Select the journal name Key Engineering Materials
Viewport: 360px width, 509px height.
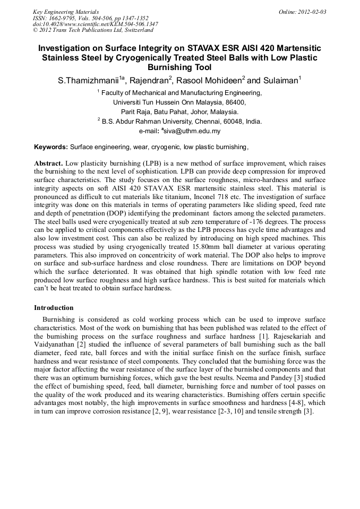pyautogui.click(x=66, y=12)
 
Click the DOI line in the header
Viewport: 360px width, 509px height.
pyautogui.click(x=95, y=24)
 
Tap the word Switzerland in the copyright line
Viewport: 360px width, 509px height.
pyautogui.click(x=135, y=30)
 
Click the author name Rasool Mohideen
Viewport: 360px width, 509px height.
pyautogui.click(x=208, y=81)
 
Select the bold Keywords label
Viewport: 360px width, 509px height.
pyautogui.click(x=51, y=146)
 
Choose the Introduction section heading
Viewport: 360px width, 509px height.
pyautogui.click(x=54, y=308)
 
